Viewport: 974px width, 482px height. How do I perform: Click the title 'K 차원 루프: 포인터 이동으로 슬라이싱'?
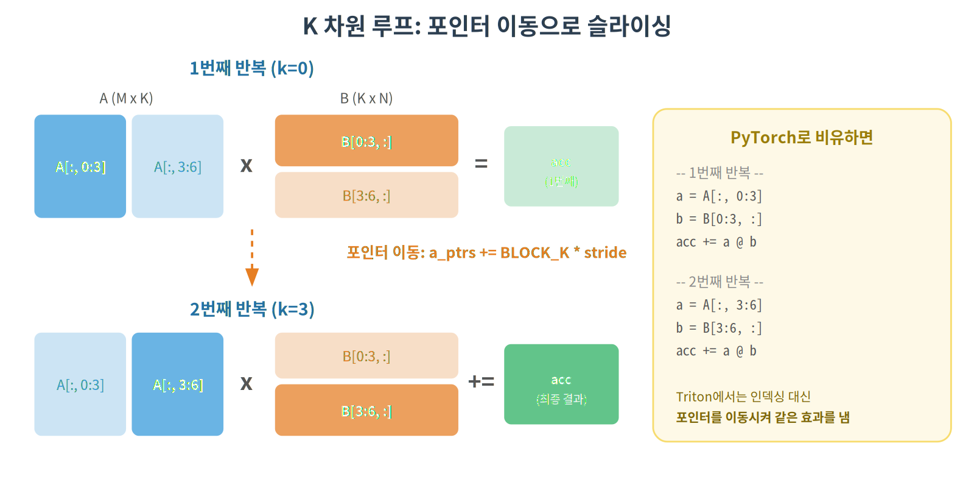click(x=487, y=26)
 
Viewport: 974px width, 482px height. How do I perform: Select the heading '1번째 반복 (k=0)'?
click(x=251, y=68)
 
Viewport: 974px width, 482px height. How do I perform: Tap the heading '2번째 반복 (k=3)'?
click(x=251, y=310)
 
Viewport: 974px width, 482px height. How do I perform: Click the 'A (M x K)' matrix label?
click(x=126, y=98)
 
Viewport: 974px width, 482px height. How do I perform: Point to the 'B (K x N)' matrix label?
click(x=366, y=98)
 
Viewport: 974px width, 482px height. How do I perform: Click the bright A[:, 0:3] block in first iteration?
click(x=80, y=166)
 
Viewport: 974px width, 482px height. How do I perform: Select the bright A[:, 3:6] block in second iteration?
click(x=178, y=385)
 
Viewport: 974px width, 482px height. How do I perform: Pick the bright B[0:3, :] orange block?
click(x=366, y=141)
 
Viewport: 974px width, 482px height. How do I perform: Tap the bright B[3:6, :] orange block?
click(x=366, y=410)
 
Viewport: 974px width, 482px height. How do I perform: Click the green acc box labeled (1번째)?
click(x=561, y=166)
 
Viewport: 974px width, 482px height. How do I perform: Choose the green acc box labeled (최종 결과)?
click(x=561, y=385)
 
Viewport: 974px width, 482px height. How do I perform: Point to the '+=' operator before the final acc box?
click(x=481, y=381)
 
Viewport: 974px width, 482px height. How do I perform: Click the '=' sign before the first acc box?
click(x=481, y=163)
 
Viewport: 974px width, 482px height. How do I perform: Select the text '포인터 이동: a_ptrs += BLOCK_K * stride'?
click(x=486, y=252)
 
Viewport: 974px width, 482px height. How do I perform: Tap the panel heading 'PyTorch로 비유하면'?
click(x=802, y=138)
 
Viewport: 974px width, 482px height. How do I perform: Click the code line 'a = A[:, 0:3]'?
click(x=719, y=196)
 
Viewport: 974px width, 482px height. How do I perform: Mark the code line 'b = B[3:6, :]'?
click(x=719, y=328)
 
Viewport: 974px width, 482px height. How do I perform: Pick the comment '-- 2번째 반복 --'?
click(x=719, y=282)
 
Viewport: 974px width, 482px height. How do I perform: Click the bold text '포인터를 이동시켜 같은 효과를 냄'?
click(x=763, y=417)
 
